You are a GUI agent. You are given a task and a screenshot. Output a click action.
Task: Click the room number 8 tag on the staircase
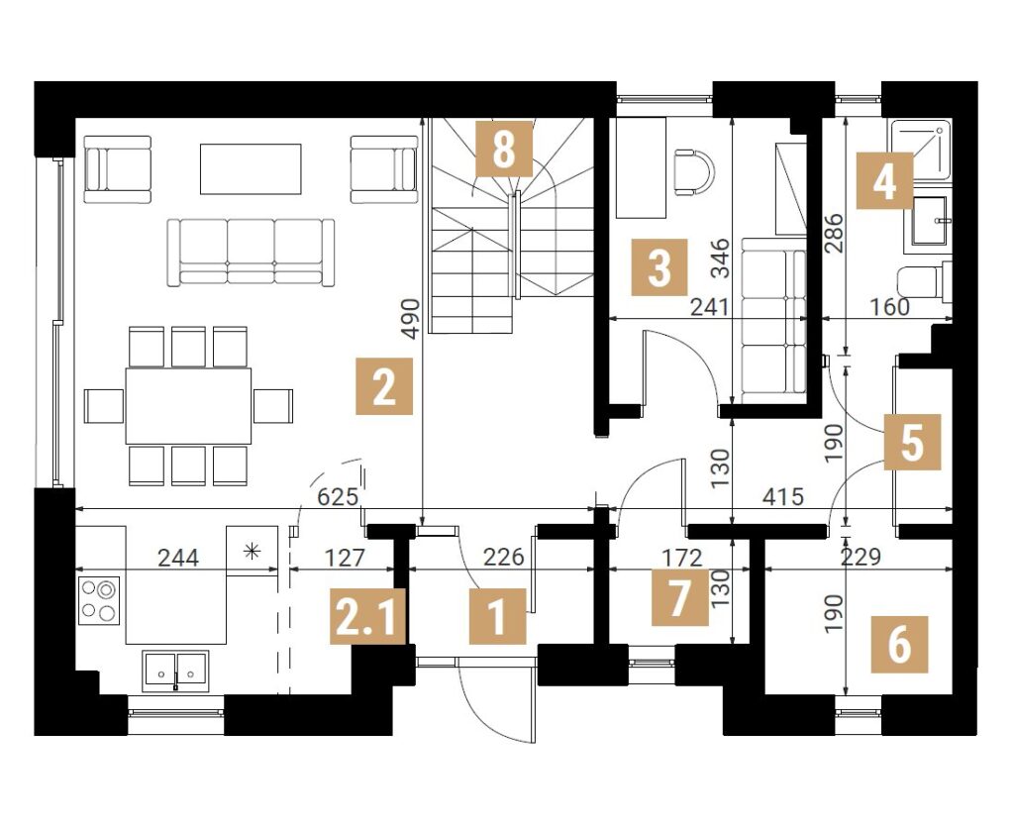pos(504,149)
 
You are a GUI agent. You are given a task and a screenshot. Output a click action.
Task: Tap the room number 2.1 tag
pos(367,616)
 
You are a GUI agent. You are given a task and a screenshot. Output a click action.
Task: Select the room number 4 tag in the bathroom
pos(884,180)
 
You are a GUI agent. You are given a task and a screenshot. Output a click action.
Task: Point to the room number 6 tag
pos(899,645)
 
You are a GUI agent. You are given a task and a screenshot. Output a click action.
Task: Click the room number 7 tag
pos(679,598)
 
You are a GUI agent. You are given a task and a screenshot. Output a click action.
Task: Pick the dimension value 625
pos(338,497)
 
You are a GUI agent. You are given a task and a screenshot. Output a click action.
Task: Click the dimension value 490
pos(410,318)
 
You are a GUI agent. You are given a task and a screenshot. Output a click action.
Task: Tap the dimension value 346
pos(720,259)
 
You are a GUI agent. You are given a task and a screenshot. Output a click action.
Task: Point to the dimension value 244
pos(178,557)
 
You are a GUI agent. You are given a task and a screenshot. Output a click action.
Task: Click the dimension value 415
pos(783,497)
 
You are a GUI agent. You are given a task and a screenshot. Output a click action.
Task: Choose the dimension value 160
pos(890,307)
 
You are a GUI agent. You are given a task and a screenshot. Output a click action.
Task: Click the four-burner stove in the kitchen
pos(99,600)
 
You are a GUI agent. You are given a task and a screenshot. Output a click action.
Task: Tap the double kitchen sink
pos(175,671)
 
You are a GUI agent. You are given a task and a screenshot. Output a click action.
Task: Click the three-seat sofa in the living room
pos(251,253)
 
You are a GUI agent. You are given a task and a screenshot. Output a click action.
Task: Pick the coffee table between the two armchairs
pos(251,168)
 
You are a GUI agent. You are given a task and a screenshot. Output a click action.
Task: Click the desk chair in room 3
pos(694,171)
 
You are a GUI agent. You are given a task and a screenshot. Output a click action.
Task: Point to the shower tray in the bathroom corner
pos(922,149)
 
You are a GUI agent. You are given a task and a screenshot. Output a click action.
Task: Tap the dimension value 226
pos(503,557)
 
